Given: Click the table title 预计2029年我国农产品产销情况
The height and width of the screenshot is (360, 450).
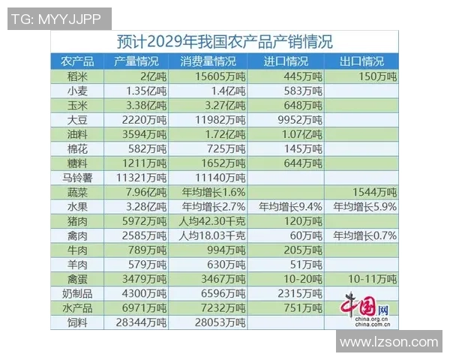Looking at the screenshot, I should pos(225,40).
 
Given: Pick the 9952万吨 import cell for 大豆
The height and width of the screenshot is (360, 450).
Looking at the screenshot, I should pos(289,119).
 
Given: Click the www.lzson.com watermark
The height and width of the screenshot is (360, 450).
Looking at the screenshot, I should pos(388,342).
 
